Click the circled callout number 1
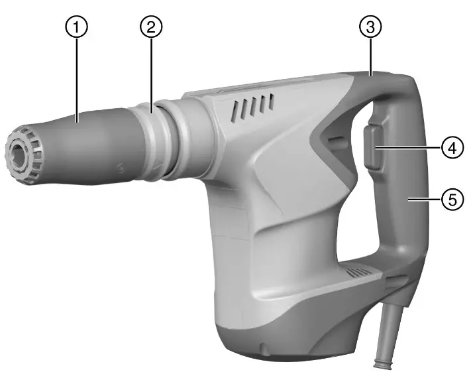point(78,27)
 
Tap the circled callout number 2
point(151,27)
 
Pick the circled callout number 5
point(452,199)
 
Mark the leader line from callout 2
point(151,73)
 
